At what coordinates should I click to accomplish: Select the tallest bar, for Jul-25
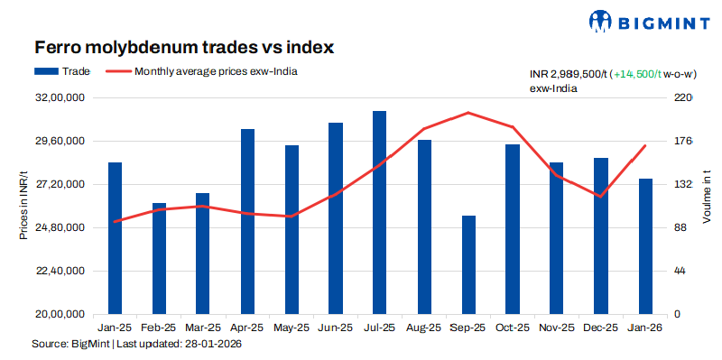[x=379, y=212]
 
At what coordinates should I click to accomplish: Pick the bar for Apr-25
[x=247, y=221]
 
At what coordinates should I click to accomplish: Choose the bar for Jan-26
[x=645, y=245]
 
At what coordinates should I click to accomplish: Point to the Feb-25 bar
[x=159, y=258]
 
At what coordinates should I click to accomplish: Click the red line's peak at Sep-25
[x=467, y=113]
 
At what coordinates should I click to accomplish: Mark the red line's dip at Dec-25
[x=601, y=196]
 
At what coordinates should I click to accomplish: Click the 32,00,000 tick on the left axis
[x=60, y=98]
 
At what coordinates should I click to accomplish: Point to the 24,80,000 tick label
[x=60, y=228]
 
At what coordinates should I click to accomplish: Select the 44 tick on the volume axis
[x=681, y=272]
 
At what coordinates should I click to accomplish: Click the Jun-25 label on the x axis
[x=335, y=328]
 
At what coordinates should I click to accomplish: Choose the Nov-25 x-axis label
[x=557, y=328]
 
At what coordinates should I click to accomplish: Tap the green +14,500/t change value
[x=642, y=75]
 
